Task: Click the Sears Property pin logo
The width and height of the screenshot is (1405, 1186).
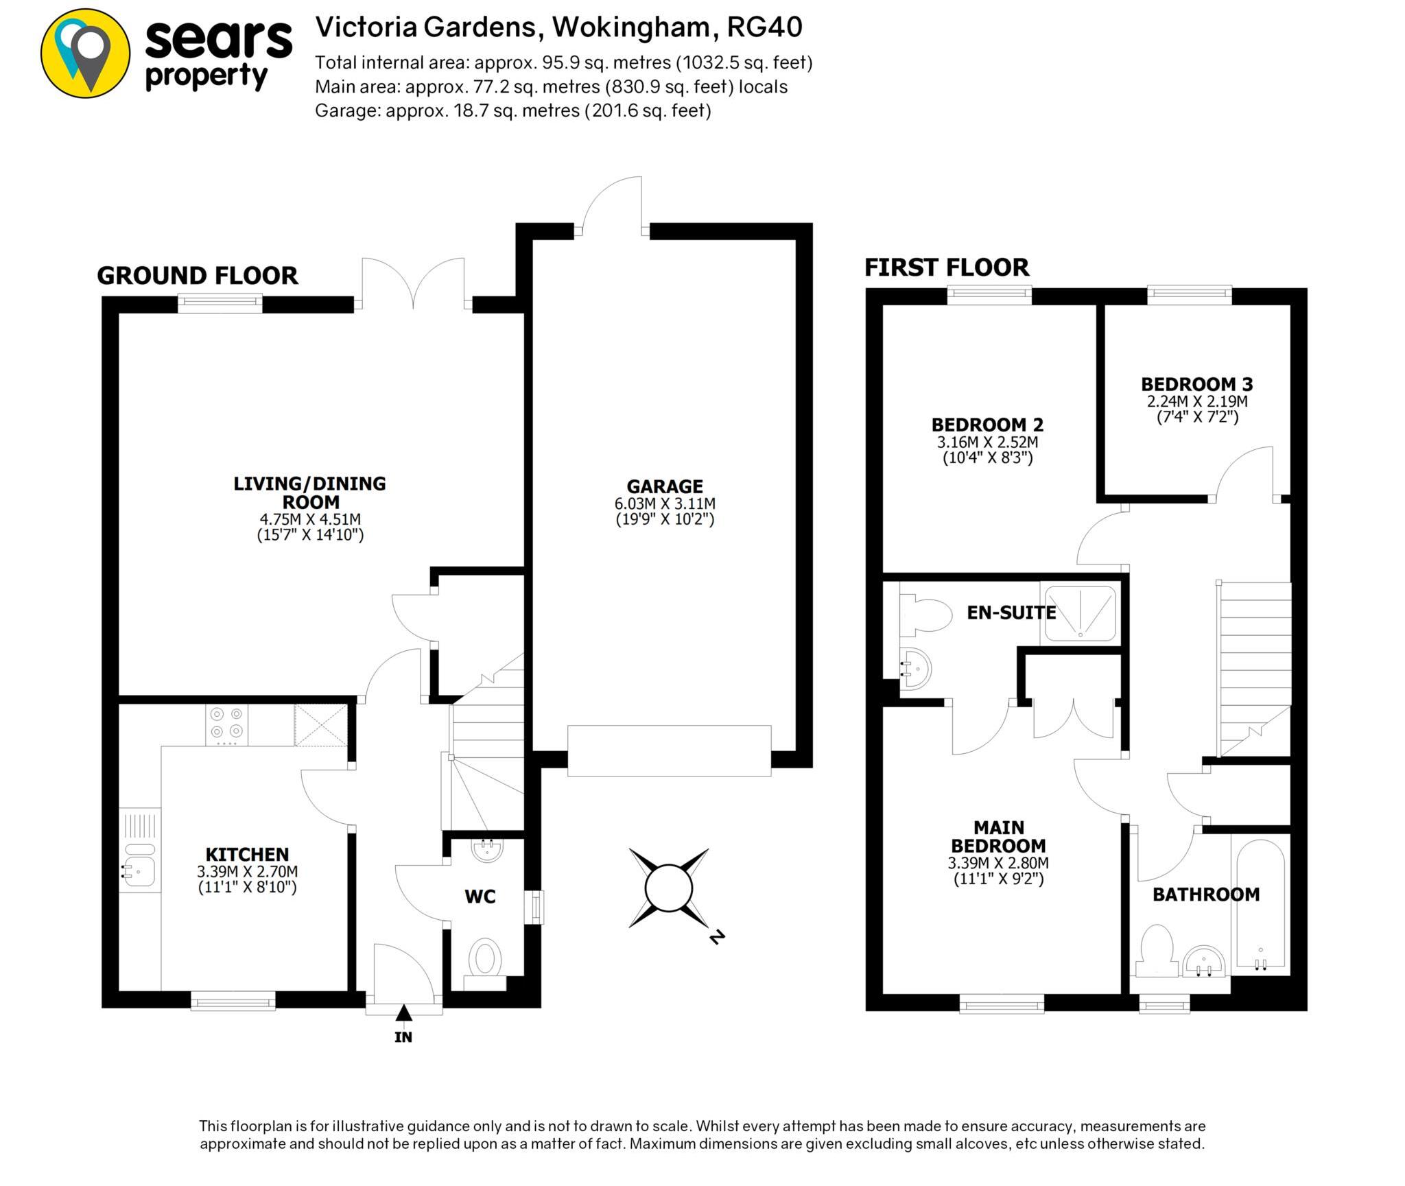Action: click(85, 54)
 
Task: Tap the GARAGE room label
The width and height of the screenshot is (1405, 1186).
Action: click(664, 486)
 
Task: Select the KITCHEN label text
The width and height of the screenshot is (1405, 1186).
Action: click(247, 854)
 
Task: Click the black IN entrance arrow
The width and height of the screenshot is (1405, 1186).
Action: click(403, 1012)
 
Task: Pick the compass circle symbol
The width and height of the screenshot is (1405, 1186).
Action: click(669, 888)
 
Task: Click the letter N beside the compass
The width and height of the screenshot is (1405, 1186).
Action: click(717, 936)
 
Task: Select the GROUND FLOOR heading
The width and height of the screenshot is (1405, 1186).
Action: click(198, 276)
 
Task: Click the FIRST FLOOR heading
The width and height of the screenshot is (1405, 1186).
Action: click(947, 268)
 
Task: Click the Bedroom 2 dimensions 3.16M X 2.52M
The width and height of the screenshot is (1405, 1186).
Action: click(988, 442)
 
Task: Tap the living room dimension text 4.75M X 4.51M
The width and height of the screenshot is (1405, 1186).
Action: click(310, 519)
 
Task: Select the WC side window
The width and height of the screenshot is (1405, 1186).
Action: click(534, 907)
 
